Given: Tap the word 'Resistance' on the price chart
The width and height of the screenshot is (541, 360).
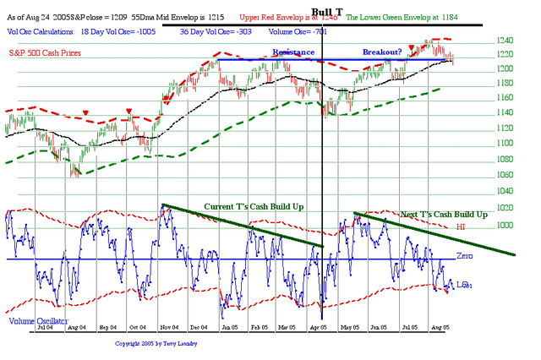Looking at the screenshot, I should coord(293,52).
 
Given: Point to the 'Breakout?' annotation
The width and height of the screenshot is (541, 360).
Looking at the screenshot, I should coord(382,52).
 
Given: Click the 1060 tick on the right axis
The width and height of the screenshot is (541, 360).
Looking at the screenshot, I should coord(505,175).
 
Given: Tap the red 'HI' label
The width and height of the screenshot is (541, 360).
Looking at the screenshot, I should coord(462,226).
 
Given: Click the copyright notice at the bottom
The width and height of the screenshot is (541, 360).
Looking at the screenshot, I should coord(157,344).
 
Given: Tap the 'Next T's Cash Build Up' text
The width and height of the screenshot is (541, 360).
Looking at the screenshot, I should coord(444,215).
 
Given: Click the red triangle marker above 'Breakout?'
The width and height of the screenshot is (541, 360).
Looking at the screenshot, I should coord(411,48).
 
